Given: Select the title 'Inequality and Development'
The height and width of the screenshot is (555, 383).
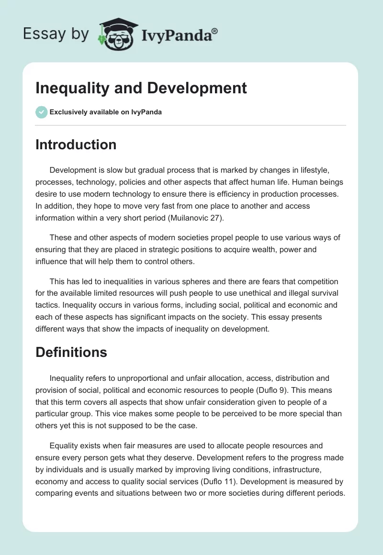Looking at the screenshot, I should point(141,88).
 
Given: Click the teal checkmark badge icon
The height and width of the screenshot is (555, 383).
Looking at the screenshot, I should point(41,112).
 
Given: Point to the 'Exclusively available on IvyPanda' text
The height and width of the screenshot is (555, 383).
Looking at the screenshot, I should point(105,112).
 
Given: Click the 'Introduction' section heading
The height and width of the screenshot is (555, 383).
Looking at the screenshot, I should point(76,144).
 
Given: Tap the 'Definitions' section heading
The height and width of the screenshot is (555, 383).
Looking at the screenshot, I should point(71,353).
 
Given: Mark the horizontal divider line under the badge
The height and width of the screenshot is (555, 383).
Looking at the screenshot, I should point(191,125).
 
